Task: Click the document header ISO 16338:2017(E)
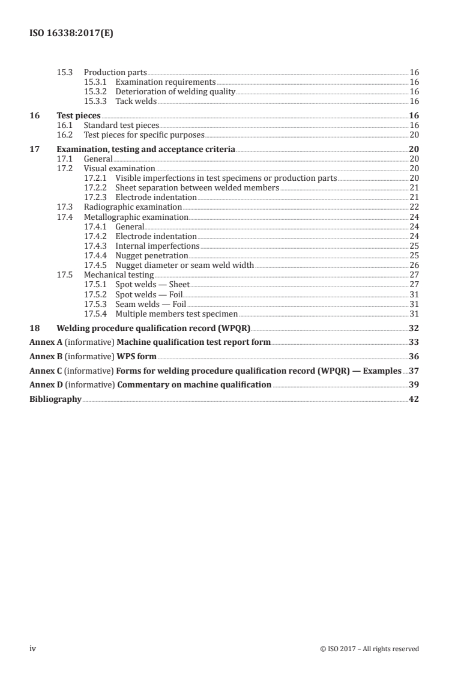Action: pos(71,34)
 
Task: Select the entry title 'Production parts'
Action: pos(115,72)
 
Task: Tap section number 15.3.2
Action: pos(96,91)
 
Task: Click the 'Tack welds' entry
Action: pos(136,101)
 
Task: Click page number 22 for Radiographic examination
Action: pos(414,207)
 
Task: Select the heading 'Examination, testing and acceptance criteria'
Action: pos(145,149)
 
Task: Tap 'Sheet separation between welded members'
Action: pos(197,187)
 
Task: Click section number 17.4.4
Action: pos(96,255)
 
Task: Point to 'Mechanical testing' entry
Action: pos(118,275)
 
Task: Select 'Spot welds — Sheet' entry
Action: pos(152,284)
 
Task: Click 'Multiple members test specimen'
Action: pos(176,313)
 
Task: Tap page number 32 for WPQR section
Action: pos(413,328)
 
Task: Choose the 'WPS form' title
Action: pos(137,356)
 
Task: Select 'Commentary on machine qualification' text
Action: pos(194,384)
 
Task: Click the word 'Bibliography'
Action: pos(55,399)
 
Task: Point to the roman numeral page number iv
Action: pos(33,648)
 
